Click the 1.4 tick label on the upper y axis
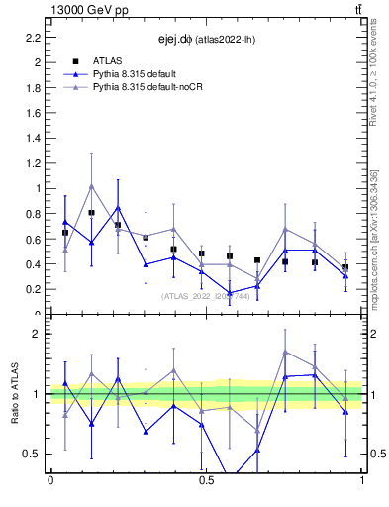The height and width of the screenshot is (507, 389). [31, 138]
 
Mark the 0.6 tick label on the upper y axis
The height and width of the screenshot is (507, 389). [31, 239]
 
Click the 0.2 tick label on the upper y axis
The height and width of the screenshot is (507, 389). [31, 289]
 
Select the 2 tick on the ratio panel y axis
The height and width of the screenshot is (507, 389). [36, 334]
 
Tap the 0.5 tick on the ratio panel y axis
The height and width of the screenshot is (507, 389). [31, 454]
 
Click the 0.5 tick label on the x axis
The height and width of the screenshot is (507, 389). [206, 482]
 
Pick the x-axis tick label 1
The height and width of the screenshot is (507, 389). [362, 482]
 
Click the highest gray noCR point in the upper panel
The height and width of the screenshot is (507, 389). [92, 185]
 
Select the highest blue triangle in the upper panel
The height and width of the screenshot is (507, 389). [118, 208]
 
